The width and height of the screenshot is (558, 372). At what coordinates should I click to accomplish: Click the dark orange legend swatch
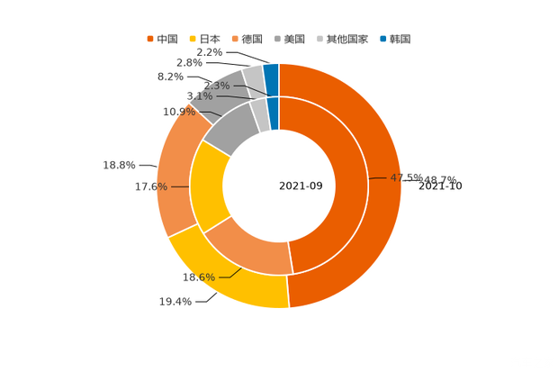coord(150,39)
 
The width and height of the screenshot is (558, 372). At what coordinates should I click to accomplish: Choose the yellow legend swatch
coord(193,39)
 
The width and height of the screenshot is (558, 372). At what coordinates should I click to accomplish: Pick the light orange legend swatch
coord(235,39)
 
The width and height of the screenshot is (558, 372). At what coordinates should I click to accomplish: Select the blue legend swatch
coord(382,39)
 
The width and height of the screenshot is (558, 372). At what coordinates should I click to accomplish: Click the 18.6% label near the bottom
coord(199,277)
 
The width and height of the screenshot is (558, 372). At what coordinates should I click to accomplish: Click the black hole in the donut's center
coord(278,186)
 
